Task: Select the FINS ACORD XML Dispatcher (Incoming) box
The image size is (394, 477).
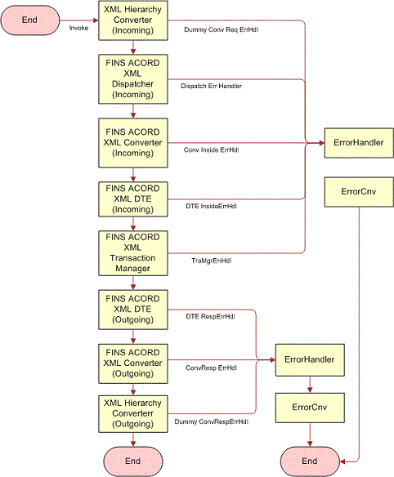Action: pyautogui.click(x=132, y=79)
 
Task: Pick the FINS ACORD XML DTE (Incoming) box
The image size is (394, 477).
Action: pyautogui.click(x=132, y=196)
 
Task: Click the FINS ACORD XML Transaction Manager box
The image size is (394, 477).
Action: pyautogui.click(x=132, y=253)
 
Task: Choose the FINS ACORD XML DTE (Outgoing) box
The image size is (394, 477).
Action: pyautogui.click(x=132, y=309)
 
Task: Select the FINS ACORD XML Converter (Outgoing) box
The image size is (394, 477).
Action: pyautogui.click(x=132, y=361)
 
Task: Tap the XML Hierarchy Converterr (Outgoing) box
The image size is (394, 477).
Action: pyautogui.click(x=132, y=413)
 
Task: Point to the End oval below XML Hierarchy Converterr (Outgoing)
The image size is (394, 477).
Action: pyautogui.click(x=132, y=461)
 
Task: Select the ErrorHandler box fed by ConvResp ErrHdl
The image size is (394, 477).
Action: pyautogui.click(x=307, y=359)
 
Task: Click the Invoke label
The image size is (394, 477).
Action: pyautogui.click(x=78, y=27)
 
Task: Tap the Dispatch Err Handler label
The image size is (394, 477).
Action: pyautogui.click(x=211, y=85)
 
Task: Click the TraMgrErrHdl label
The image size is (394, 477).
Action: pyautogui.click(x=211, y=261)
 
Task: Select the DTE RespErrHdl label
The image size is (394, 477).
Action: pyautogui.click(x=211, y=316)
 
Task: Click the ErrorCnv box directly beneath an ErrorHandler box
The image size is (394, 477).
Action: pyautogui.click(x=307, y=405)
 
